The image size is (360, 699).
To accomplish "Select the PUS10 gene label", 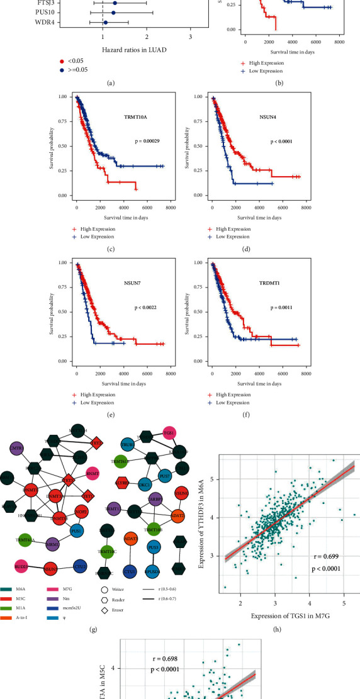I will coord(55,12).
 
